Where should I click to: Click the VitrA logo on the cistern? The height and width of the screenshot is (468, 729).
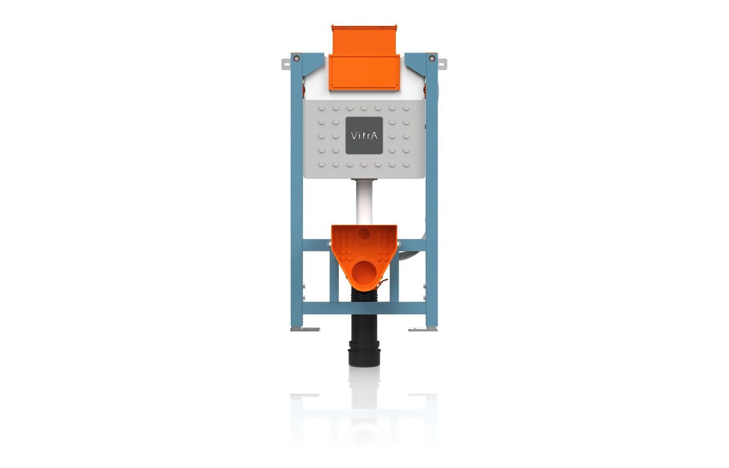[x=364, y=136]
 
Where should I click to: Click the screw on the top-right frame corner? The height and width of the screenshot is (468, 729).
[x=432, y=59]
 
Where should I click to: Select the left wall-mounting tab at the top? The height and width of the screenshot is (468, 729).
[x=286, y=64]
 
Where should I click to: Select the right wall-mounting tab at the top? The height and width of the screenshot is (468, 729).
[x=442, y=64]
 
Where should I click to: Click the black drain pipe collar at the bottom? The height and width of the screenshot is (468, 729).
[x=364, y=354]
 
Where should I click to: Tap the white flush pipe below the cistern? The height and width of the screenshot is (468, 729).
[x=364, y=202]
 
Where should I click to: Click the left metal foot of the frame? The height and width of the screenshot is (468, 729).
[x=305, y=329]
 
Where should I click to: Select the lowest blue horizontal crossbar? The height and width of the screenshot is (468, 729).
[x=364, y=308]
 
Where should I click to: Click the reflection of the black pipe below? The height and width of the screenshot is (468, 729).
[x=364, y=385]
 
